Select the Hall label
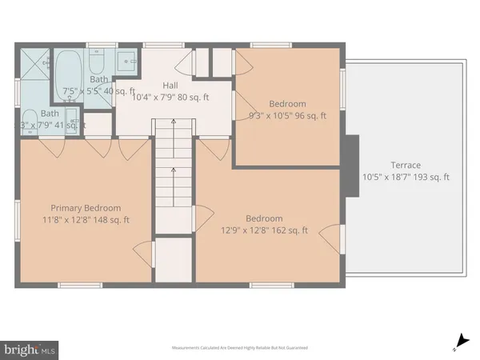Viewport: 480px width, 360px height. [x=170, y=85]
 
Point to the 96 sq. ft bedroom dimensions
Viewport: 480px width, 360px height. [x=287, y=116]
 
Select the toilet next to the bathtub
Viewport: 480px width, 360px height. [x=97, y=62]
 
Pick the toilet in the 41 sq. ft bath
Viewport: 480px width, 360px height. [x=29, y=118]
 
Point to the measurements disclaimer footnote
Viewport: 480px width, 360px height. [x=240, y=348]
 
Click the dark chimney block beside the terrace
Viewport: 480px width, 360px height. [x=351, y=164]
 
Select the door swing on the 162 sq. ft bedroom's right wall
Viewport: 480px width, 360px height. [x=329, y=234]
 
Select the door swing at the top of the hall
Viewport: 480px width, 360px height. [x=186, y=64]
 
